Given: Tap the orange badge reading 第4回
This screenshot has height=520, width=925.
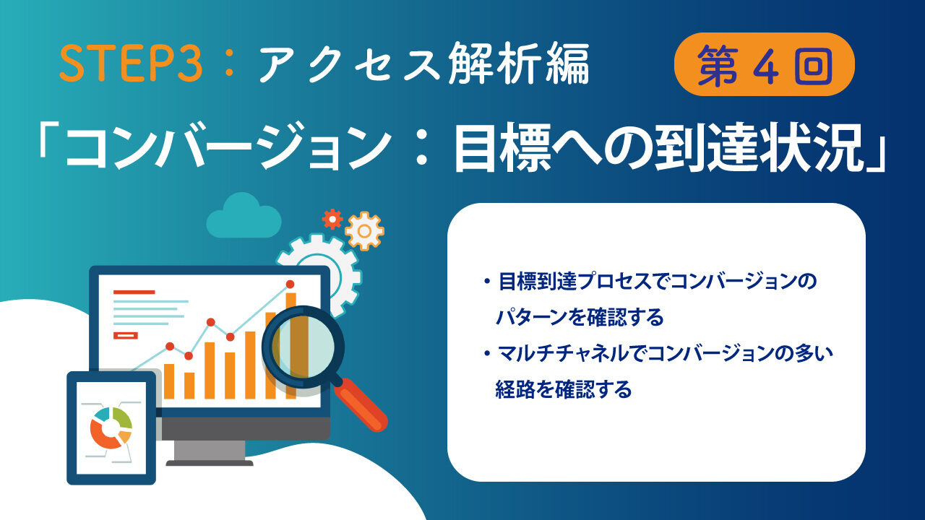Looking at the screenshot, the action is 764,64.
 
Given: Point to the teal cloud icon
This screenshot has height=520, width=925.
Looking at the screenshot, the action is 244,215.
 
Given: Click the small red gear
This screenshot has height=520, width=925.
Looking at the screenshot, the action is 332,219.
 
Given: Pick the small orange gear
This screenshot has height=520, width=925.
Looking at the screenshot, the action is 364,231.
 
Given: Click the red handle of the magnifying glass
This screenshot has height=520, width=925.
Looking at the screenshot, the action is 362,405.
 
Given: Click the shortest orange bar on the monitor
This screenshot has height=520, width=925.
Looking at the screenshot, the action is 189,386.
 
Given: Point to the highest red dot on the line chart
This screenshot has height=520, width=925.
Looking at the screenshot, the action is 290,285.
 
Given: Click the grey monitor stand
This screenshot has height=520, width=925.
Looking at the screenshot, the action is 210,453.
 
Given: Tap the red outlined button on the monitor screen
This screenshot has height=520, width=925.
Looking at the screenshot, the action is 126,336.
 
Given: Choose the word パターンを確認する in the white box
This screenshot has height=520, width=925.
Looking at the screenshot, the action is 580,317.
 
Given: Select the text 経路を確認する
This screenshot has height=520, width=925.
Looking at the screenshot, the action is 564,389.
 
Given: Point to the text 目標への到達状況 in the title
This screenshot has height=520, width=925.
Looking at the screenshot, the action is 658,147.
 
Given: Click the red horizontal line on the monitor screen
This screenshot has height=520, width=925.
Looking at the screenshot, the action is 134,292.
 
